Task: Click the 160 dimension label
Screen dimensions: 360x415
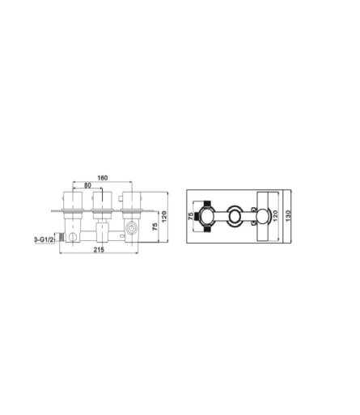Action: (103, 178)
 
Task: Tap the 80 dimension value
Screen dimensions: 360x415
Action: (87, 185)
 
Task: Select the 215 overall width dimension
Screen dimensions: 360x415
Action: (99, 250)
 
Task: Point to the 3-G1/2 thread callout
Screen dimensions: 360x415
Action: (44, 239)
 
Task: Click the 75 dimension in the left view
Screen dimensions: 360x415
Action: (155, 227)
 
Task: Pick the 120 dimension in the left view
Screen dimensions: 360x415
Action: (164, 216)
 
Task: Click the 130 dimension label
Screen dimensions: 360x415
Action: (288, 216)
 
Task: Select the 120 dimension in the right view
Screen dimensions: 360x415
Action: (275, 216)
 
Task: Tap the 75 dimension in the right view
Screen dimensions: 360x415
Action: (191, 216)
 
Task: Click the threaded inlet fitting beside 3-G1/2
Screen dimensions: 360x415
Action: (61, 237)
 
